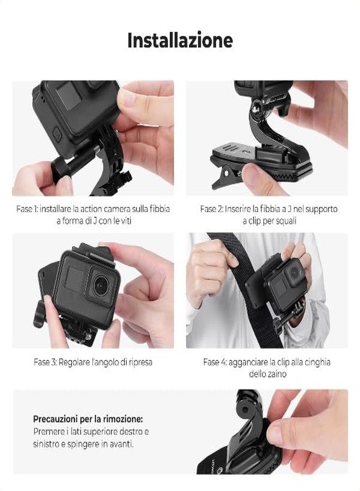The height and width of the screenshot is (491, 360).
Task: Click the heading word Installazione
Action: [180, 40]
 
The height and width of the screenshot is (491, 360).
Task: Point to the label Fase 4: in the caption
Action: [217, 362]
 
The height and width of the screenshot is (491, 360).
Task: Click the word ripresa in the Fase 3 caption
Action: [139, 362]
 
